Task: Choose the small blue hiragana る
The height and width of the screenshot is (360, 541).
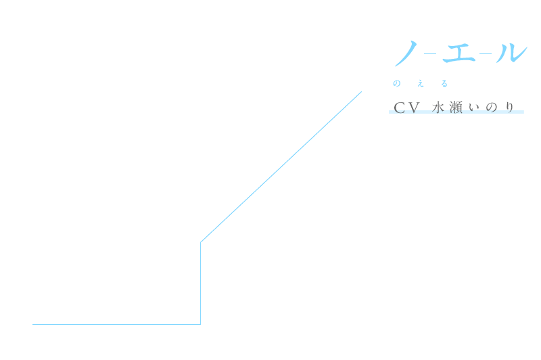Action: coord(444,84)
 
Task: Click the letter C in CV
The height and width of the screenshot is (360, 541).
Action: coord(399,108)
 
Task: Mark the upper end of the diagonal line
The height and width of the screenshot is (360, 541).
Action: coord(361,92)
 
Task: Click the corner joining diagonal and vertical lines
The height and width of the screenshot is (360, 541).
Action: coord(201,242)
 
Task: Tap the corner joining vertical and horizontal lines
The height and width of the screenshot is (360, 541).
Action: coord(201,324)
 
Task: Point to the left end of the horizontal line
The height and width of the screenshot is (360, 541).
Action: coord(33,324)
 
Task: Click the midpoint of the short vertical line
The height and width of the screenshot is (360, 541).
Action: coord(201,283)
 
